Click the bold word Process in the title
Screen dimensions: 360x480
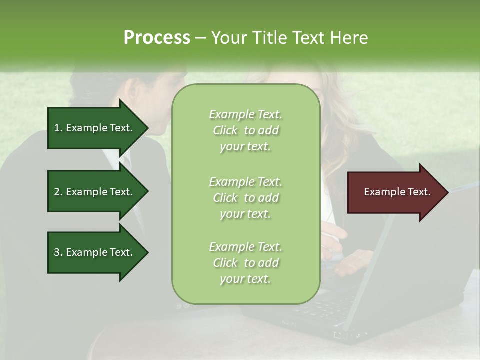(x=157, y=38)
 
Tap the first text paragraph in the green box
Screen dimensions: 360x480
(x=245, y=130)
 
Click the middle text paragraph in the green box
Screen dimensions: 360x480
(x=245, y=198)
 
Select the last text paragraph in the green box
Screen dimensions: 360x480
(x=245, y=263)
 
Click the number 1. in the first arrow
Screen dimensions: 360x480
(x=58, y=128)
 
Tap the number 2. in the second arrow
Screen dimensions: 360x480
(x=58, y=192)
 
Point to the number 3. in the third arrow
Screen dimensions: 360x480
(x=58, y=252)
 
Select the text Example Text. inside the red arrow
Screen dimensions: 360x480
(x=397, y=192)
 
